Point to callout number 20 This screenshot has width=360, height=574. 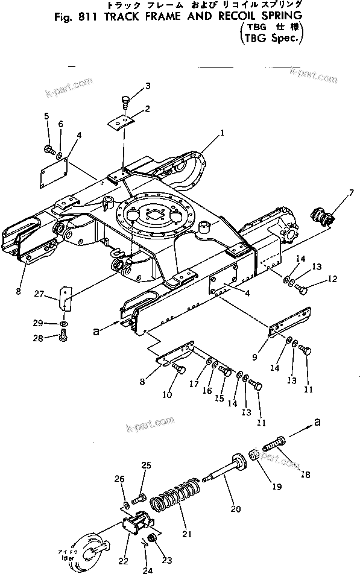point(236,509)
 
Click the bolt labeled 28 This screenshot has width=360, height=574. point(65,338)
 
